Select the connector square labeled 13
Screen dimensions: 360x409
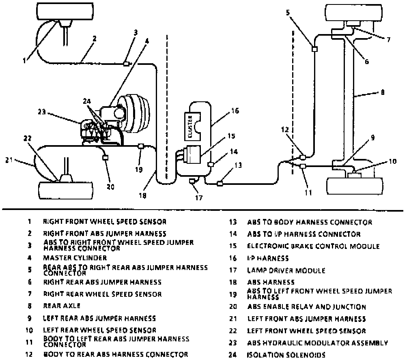[x=220, y=183]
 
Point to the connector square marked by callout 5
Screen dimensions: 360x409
[x=314, y=49]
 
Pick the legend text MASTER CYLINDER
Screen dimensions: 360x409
[x=75, y=258]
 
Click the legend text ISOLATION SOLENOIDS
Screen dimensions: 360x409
[x=286, y=355]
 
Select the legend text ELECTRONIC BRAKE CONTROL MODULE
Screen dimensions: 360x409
[x=313, y=246]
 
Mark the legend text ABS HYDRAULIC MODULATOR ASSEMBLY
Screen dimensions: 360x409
[x=317, y=343]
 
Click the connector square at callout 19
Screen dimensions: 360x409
[x=141, y=146]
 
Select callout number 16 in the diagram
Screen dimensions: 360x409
[x=235, y=110]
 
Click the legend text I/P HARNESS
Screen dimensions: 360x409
[x=268, y=258]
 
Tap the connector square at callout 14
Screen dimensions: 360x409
[x=210, y=164]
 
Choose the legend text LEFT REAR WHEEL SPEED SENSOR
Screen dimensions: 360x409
[x=99, y=330]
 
